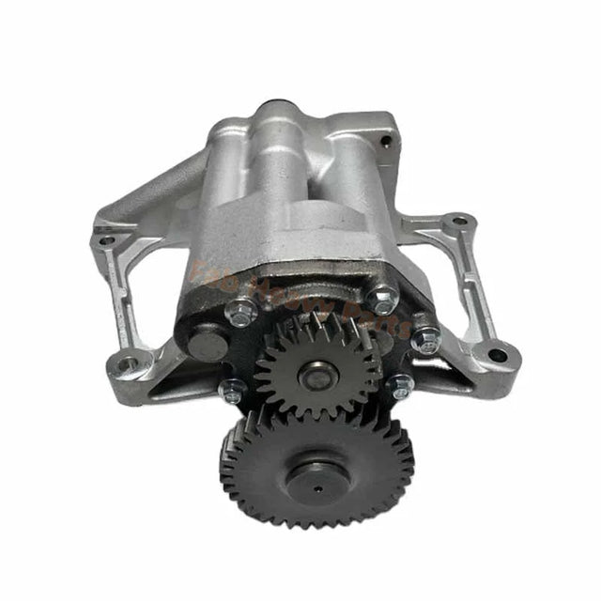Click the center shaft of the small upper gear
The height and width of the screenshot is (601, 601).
(316, 373)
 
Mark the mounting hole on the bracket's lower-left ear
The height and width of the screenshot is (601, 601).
(131, 360)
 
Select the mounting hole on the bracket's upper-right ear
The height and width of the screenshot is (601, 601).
(457, 223)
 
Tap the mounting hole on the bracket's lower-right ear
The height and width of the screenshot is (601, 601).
(494, 356)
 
